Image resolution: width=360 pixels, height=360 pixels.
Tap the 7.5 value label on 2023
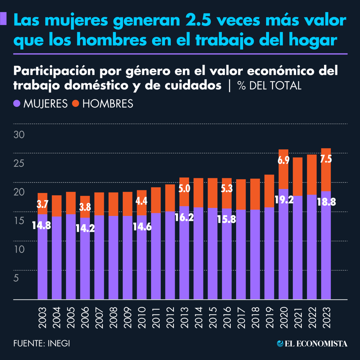326,159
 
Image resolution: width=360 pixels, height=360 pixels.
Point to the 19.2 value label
284,199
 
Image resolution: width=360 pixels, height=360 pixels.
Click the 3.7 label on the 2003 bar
42,204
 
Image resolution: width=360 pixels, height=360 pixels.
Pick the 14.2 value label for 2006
85,228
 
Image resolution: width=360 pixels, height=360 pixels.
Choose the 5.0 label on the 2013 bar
184,189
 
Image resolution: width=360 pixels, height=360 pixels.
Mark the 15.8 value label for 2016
226,219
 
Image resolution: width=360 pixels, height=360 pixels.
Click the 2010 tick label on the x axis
142,317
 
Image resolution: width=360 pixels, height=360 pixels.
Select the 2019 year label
269,317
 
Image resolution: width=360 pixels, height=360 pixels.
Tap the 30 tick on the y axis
19,135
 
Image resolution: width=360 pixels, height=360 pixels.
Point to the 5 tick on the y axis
16,278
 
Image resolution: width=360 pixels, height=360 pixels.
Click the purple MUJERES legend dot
17,104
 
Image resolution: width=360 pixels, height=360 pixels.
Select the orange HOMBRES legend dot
76,104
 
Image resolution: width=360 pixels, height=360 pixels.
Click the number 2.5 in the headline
198,20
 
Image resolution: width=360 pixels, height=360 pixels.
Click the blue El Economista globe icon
280,343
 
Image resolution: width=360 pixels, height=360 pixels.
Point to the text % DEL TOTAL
269,86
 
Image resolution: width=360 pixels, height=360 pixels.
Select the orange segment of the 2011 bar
156,200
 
